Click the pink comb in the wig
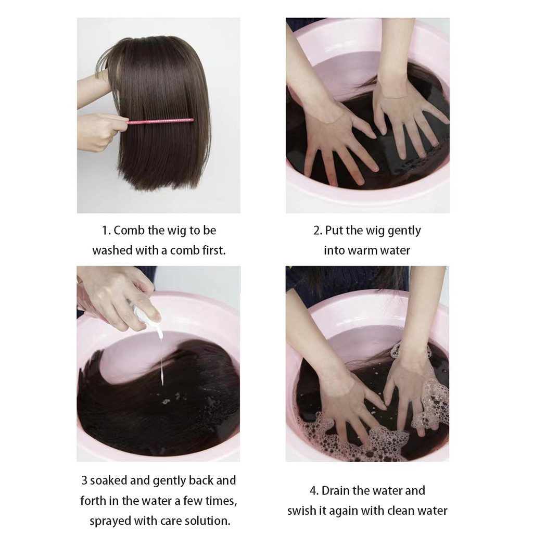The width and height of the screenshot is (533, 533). coord(160,121)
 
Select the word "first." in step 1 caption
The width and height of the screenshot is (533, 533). coord(214,250)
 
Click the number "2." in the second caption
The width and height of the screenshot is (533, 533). coord(318,231)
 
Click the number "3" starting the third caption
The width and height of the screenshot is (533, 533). coord(85,480)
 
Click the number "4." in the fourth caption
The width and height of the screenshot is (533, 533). coord(314,491)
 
